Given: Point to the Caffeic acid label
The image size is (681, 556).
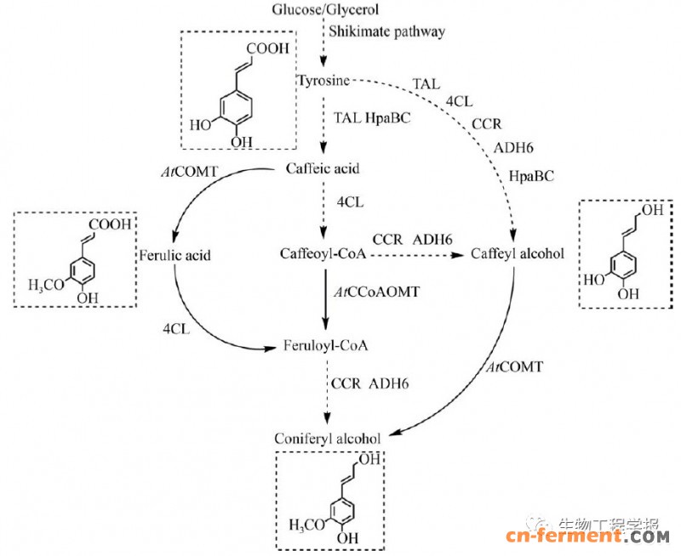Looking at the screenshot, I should (x=323, y=168).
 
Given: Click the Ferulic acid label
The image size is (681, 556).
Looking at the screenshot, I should (x=176, y=254).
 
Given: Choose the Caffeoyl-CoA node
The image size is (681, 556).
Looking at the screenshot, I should (x=322, y=253).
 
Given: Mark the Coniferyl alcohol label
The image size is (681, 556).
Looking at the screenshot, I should (x=323, y=439).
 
